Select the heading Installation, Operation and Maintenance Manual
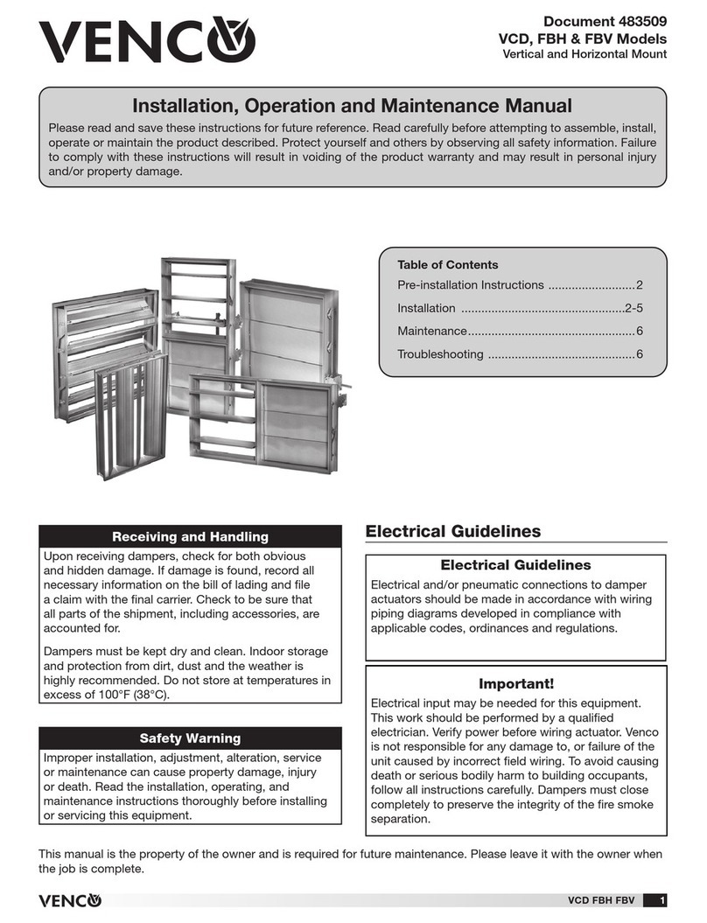click(351, 106)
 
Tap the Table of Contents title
click(447, 264)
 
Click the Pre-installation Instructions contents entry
click(471, 286)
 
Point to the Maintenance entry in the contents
click(432, 332)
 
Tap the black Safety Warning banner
click(190, 738)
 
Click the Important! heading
click(515, 683)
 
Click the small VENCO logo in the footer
click(69, 901)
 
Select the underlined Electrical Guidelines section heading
click(452, 531)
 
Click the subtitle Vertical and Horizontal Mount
click(584, 55)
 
